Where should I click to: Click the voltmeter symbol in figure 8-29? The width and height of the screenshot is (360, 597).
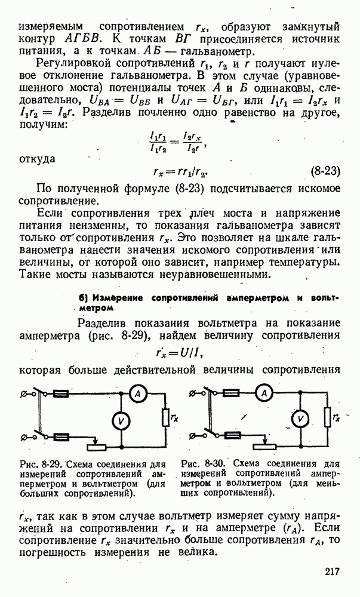point(121,421)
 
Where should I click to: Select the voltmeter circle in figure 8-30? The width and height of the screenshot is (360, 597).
point(302,418)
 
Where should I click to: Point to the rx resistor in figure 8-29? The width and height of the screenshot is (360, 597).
point(165,418)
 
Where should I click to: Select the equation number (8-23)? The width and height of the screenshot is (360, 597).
point(325,172)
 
